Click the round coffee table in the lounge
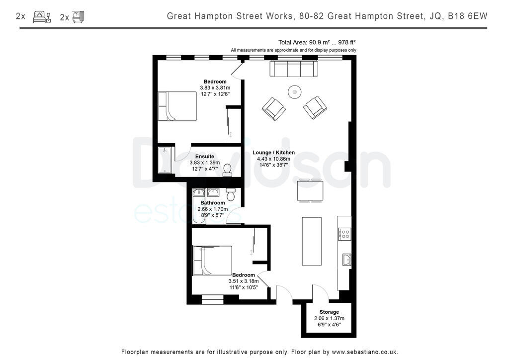295,92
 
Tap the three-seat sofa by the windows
294,69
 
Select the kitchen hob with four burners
344,234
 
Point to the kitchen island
312,242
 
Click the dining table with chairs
310,190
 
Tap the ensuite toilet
227,170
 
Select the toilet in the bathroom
231,193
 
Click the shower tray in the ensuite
165,160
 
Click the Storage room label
329,312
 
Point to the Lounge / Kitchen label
273,153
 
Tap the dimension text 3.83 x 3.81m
215,88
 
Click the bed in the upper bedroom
177,106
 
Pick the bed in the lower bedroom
212,261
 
